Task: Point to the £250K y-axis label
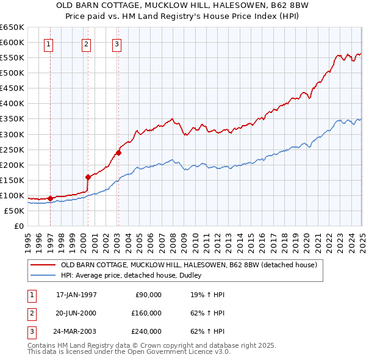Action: click(x=12, y=149)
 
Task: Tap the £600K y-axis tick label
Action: click(x=12, y=43)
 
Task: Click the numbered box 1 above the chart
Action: click(x=48, y=44)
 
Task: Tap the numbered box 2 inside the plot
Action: click(x=87, y=44)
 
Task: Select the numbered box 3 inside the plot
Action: click(x=116, y=44)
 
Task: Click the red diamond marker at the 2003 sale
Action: click(x=118, y=153)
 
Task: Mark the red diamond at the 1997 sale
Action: click(x=50, y=198)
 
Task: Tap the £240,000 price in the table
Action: click(x=146, y=331)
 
